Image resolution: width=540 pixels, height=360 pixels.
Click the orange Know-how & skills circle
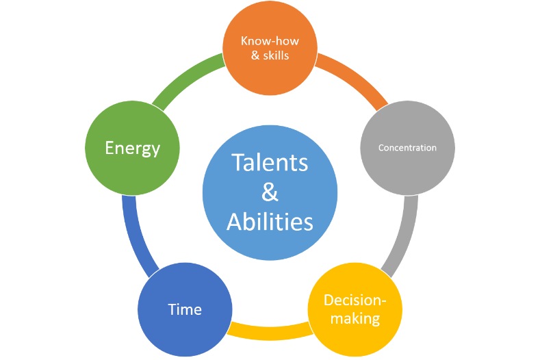pyautogui.click(x=270, y=48)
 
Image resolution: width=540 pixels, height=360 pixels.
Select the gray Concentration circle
pyautogui.click(x=407, y=148)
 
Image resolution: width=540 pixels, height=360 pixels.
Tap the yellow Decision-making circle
pyautogui.click(x=355, y=309)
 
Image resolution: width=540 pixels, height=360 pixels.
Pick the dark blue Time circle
pyautogui.click(x=185, y=309)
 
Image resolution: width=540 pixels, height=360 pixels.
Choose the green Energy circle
pyautogui.click(x=132, y=148)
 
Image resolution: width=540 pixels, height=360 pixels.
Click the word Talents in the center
pyautogui.click(x=270, y=162)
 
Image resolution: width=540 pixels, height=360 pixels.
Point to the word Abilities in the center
pyautogui.click(x=270, y=221)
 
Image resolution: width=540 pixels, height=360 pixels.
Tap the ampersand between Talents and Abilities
pyautogui.click(x=270, y=192)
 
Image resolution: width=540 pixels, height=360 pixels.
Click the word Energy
pyautogui.click(x=133, y=149)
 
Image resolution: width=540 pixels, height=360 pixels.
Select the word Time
pyautogui.click(x=185, y=309)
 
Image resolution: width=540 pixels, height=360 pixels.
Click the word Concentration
pyautogui.click(x=407, y=148)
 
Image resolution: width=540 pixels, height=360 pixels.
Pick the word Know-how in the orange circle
pyautogui.click(x=270, y=41)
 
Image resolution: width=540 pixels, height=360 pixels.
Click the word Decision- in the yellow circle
pyautogui.click(x=355, y=300)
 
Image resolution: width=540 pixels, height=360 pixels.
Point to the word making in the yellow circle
pyautogui.click(x=355, y=318)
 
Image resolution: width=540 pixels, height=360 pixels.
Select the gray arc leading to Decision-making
pyautogui.click(x=406, y=237)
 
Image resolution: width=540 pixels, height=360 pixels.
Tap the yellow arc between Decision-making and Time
pyautogui.click(x=270, y=332)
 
